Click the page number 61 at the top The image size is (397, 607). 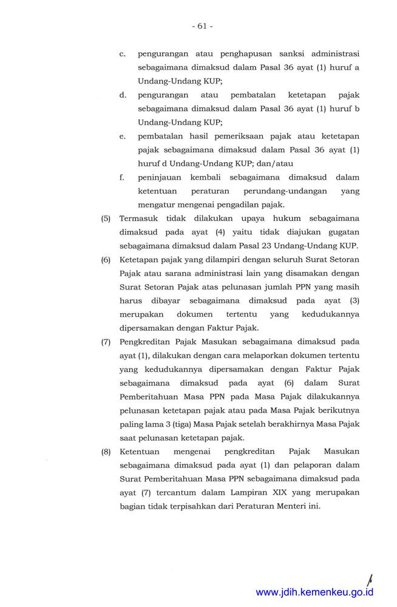(202, 26)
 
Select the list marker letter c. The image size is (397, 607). (123, 54)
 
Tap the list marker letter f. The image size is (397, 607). (122, 177)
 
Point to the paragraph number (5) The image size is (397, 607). (106, 219)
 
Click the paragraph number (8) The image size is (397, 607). (106, 452)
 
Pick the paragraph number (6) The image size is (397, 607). (106, 260)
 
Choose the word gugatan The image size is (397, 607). (341, 232)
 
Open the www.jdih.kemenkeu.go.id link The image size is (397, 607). (314, 592)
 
